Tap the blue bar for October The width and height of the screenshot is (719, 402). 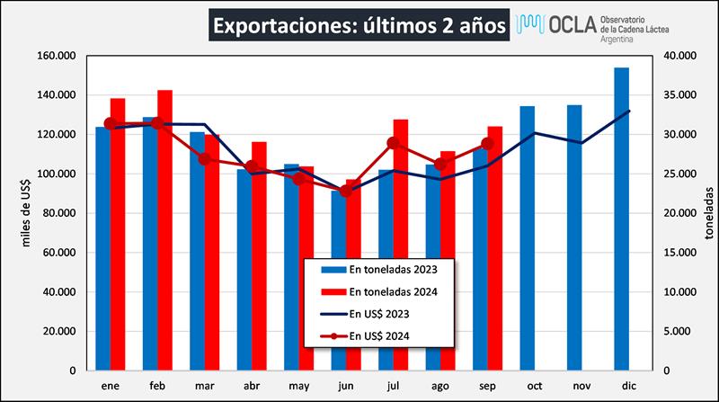coord(528,238)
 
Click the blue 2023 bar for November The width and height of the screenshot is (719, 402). coord(574,237)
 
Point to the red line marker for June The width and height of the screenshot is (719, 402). coord(345,192)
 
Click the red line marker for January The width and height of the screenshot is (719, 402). coord(111,124)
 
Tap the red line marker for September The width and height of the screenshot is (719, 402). coord(487,144)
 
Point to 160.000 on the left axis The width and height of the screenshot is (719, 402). coord(56,56)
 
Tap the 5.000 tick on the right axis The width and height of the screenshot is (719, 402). coord(678,331)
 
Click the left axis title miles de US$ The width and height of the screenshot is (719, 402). coord(27,212)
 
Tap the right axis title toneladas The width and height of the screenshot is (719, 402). coord(708,213)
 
